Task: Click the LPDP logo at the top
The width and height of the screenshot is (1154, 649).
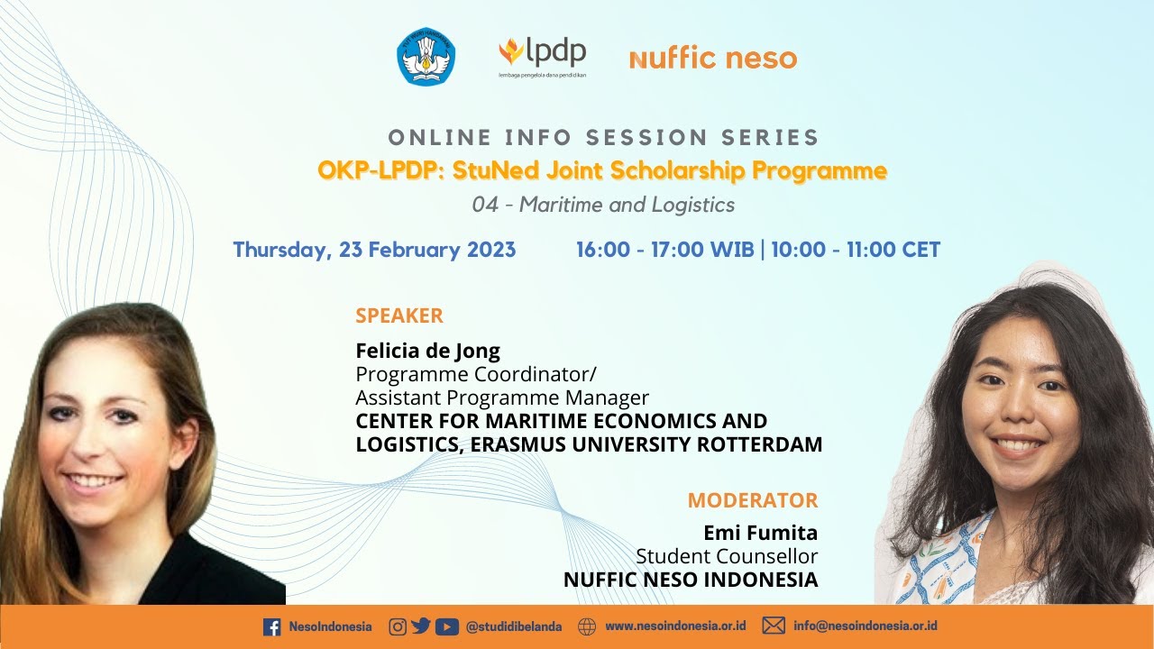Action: (x=542, y=57)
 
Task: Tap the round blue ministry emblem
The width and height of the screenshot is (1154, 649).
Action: (x=426, y=57)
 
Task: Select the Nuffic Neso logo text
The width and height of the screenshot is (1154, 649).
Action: (x=713, y=59)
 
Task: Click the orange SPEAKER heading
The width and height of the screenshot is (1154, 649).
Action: (x=399, y=315)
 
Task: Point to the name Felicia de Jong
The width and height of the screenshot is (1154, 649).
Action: (x=427, y=351)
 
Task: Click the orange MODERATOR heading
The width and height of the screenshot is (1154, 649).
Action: (x=753, y=500)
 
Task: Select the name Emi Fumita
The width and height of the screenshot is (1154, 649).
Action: (x=760, y=533)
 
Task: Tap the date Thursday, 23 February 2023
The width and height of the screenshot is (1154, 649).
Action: (x=374, y=250)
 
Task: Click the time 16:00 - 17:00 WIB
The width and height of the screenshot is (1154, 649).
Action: (x=664, y=250)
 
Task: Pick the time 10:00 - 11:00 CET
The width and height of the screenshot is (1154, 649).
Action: (x=856, y=250)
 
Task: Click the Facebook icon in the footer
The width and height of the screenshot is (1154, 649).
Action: (x=271, y=627)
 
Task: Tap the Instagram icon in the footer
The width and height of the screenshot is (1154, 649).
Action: (x=398, y=626)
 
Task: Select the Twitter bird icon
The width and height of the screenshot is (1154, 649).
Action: (x=421, y=626)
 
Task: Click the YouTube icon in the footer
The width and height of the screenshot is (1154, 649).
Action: (x=446, y=626)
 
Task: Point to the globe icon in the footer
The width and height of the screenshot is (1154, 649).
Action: (x=587, y=626)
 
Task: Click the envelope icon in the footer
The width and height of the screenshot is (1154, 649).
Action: (x=774, y=626)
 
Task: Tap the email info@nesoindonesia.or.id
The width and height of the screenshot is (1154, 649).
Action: (x=865, y=626)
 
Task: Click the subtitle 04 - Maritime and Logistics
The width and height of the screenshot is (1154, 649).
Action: (x=603, y=205)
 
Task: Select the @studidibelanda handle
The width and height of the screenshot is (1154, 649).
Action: (x=514, y=627)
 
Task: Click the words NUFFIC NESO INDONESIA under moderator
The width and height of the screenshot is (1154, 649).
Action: (x=691, y=580)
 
